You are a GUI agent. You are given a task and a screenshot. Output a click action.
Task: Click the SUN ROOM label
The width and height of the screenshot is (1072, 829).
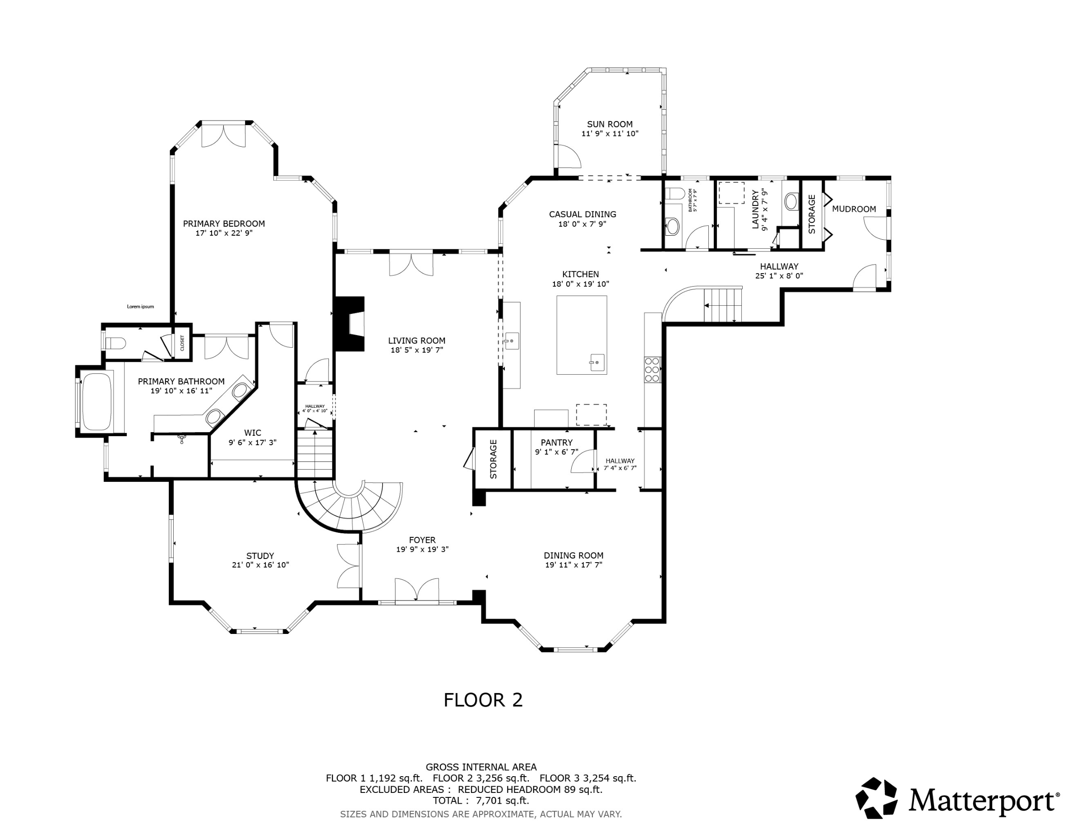[x=610, y=124]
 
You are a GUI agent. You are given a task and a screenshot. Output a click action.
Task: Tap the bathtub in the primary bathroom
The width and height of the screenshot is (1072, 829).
[x=97, y=402]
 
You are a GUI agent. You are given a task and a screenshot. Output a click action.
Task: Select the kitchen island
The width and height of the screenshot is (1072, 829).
[x=582, y=335]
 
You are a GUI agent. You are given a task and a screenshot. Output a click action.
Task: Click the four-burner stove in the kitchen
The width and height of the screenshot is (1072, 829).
[x=652, y=369]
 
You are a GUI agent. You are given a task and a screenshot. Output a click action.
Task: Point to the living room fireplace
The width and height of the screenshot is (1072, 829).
[x=350, y=324]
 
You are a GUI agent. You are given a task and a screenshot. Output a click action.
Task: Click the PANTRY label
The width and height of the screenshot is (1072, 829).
[x=557, y=442]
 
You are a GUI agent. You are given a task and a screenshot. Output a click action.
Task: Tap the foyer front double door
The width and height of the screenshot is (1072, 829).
[x=417, y=589]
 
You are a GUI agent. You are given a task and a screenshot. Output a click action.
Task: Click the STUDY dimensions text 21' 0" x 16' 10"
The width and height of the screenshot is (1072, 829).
[x=261, y=565]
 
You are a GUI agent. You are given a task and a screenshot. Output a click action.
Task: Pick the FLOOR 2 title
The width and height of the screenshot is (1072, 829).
[x=483, y=700]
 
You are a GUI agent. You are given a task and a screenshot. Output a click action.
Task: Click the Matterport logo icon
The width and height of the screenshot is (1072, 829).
[x=876, y=798]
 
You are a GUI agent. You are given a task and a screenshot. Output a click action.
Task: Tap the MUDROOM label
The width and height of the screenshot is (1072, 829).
[x=854, y=209]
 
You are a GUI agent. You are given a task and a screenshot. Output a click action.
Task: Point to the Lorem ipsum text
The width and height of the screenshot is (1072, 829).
[x=140, y=307]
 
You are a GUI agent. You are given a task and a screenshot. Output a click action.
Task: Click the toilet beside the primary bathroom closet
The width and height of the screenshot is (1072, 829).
[x=116, y=343]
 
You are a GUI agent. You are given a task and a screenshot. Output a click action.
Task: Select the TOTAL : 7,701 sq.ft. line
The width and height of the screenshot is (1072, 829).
[x=481, y=801]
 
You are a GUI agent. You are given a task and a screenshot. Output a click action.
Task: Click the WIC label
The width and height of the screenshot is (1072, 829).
[x=253, y=433]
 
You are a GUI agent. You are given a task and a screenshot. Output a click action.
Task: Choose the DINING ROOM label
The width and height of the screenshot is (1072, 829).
[x=573, y=555]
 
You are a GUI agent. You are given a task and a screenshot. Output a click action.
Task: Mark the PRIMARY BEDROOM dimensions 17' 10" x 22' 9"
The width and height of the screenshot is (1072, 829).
[x=224, y=233]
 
